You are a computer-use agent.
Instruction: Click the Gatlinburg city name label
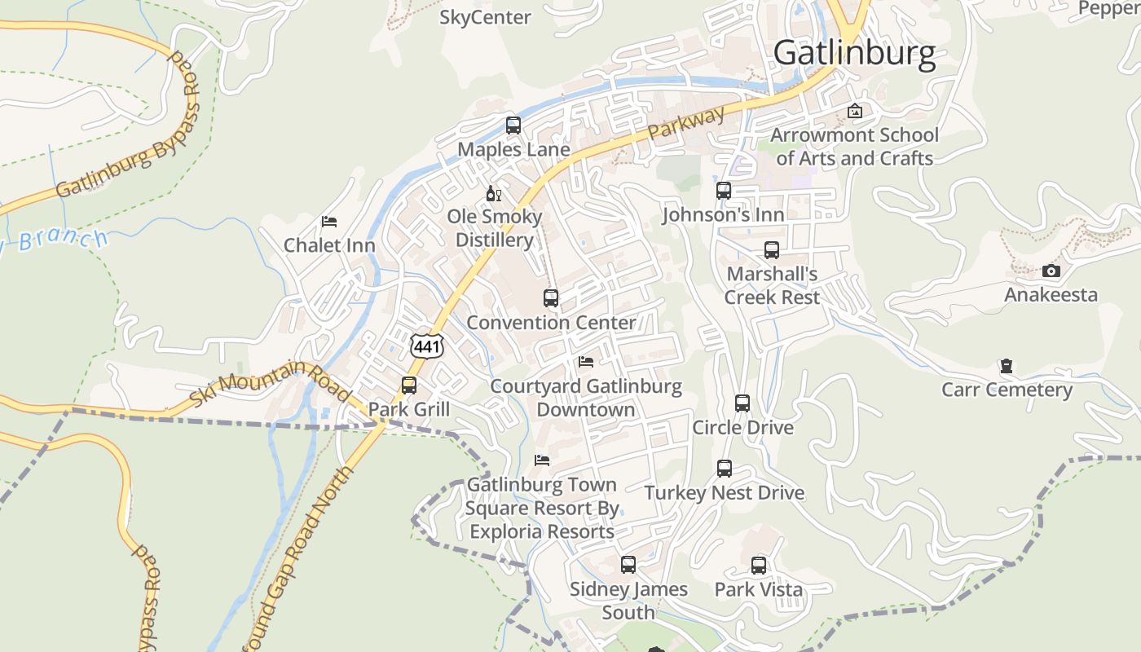pos(854,53)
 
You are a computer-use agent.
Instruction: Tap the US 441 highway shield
pos(427,346)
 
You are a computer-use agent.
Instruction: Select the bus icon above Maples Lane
pos(513,126)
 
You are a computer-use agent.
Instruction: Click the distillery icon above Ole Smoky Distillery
pos(493,193)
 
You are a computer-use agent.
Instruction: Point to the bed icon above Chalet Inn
pos(329,222)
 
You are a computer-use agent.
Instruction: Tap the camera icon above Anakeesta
pos(1051,271)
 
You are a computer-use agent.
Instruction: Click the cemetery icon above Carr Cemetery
pos(1007,366)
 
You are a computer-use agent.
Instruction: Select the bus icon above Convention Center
pos(551,298)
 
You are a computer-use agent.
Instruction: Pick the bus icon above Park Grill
pos(409,385)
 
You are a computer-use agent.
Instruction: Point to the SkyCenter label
pos(485,17)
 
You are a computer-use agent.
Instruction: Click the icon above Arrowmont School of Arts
pos(855,111)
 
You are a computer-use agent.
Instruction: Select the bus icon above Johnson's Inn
pos(724,191)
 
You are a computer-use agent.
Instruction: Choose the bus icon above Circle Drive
pos(742,403)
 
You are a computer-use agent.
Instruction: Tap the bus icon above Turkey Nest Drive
pos(725,469)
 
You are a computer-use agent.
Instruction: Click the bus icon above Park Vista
pos(759,565)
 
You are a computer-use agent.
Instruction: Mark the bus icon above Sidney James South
pos(628,565)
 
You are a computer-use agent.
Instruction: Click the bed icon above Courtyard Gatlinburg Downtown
pos(585,362)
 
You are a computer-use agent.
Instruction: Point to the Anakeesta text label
pos(1051,294)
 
